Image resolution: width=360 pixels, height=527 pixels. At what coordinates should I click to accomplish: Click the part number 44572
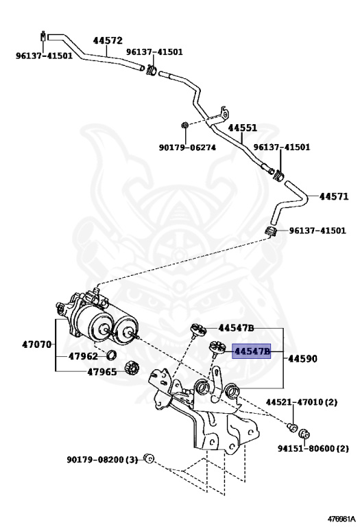[108, 40]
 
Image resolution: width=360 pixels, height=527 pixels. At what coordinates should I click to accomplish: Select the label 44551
[243, 128]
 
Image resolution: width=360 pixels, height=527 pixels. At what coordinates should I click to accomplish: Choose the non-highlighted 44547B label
[237, 328]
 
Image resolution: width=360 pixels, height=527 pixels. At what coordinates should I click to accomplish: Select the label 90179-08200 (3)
[102, 459]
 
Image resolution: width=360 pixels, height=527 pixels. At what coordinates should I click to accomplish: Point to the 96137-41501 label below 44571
[317, 231]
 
